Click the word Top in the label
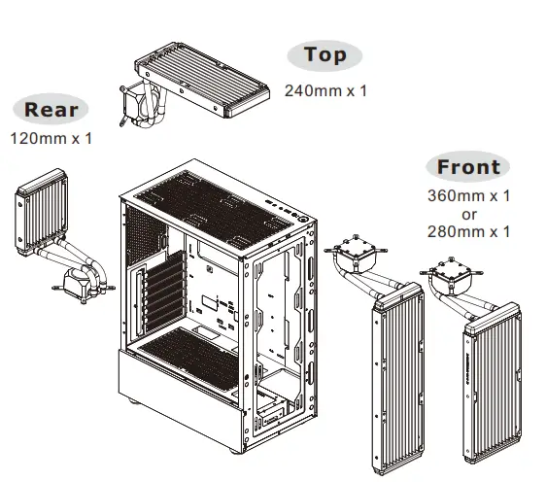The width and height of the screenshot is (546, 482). (325, 55)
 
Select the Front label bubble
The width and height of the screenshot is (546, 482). (467, 166)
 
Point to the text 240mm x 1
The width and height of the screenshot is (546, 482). (325, 91)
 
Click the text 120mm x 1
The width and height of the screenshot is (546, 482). (51, 138)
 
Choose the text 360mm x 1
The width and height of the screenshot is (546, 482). (469, 195)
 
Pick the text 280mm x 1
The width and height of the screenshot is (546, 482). (469, 231)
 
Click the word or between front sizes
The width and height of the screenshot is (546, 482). (469, 213)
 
